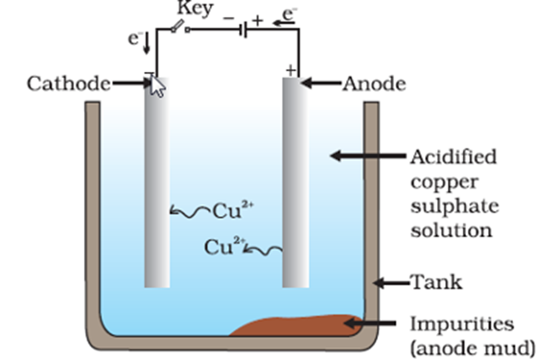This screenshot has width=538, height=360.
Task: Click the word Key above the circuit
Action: click(193, 8)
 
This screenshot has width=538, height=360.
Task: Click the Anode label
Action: click(374, 84)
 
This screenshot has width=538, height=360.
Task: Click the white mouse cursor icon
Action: click(158, 86)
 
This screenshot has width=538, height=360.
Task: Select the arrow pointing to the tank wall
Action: click(392, 280)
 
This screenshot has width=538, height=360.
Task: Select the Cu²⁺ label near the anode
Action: click(224, 246)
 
